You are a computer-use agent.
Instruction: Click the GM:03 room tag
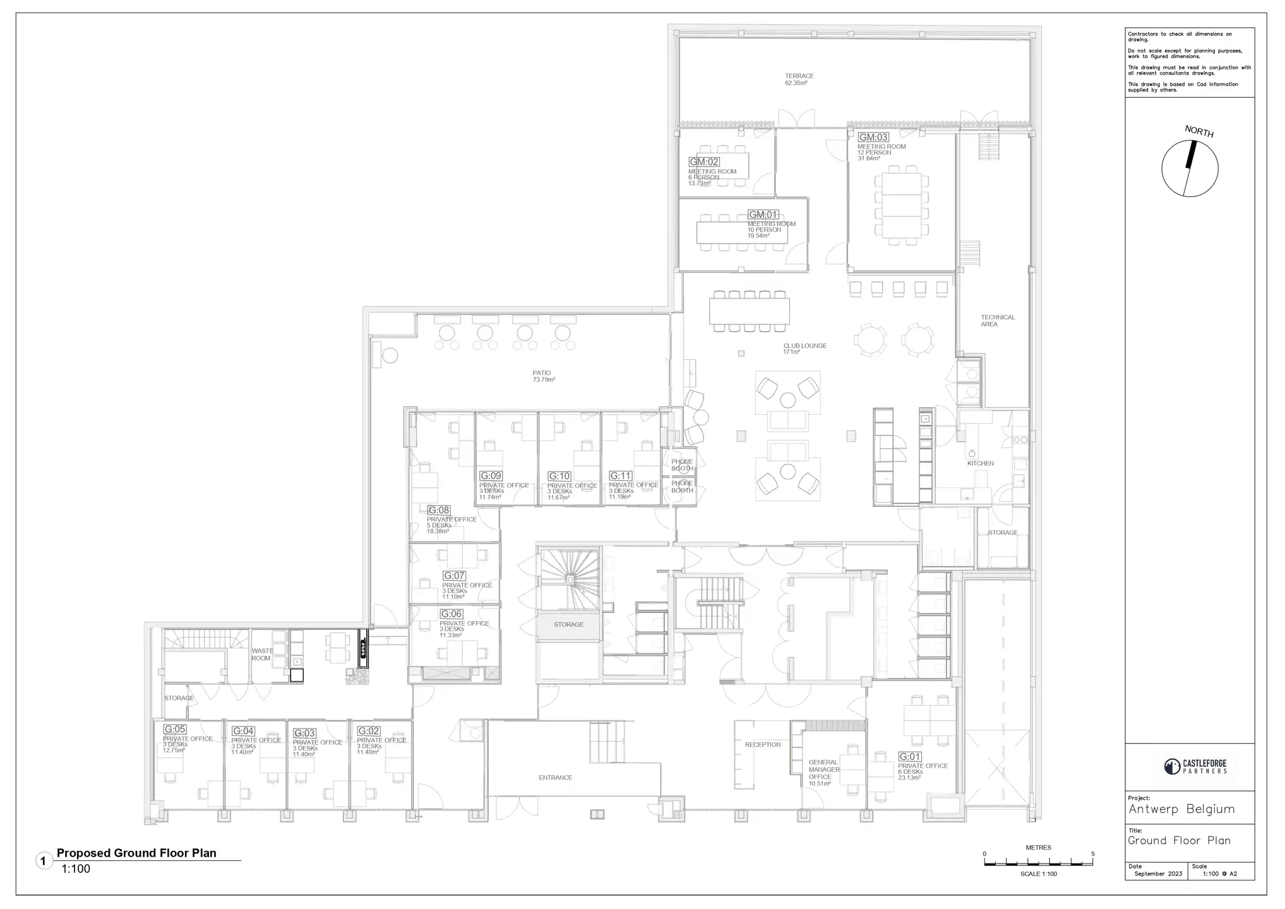pyautogui.click(x=873, y=137)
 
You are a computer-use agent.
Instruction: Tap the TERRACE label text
pyautogui.click(x=799, y=76)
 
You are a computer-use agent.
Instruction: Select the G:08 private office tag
pyautogui.click(x=439, y=510)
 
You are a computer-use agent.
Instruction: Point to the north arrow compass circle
pyautogui.click(x=1190, y=169)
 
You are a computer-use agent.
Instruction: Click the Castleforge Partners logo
pyautogui.click(x=1196, y=766)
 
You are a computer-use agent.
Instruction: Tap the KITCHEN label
pyautogui.click(x=980, y=463)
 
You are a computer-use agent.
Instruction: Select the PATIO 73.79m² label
pyautogui.click(x=542, y=376)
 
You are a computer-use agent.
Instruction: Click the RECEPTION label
pyautogui.click(x=762, y=745)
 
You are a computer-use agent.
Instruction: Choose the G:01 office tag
pyautogui.click(x=910, y=756)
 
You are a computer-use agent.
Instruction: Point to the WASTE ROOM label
pyautogui.click(x=261, y=654)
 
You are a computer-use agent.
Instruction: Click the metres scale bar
pyautogui.click(x=1038, y=862)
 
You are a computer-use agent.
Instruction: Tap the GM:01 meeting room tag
pyautogui.click(x=763, y=215)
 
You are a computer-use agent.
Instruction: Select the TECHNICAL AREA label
pyautogui.click(x=997, y=321)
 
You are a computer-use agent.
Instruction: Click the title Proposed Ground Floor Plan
pyautogui.click(x=136, y=853)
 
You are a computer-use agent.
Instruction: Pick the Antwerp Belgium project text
pyautogui.click(x=1181, y=809)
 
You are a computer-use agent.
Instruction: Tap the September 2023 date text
pyautogui.click(x=1157, y=874)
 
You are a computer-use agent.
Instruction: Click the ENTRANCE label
pyautogui.click(x=555, y=778)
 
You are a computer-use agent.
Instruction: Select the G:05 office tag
pyautogui.click(x=174, y=729)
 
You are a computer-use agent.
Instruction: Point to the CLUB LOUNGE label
pyautogui.click(x=804, y=346)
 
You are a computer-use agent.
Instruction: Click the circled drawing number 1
pyautogui.click(x=44, y=861)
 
